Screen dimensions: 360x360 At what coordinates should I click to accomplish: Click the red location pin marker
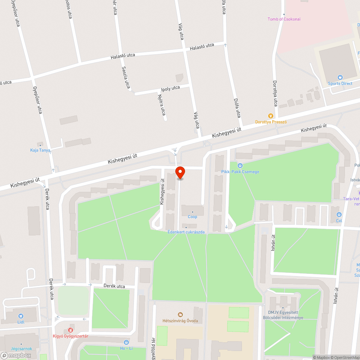coord(180,172)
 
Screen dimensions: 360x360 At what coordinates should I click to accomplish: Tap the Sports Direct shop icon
coord(340,77)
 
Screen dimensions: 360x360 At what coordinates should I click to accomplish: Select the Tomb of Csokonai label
coord(284,19)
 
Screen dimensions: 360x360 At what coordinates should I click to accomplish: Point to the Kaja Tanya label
coord(40,150)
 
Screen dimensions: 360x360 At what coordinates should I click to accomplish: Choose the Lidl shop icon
coord(21,316)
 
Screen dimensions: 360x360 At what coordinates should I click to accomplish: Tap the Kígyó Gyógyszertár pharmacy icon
coord(71,330)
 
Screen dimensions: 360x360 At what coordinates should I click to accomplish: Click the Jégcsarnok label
coord(21,348)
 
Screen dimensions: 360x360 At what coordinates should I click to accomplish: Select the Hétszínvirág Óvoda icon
coord(180,315)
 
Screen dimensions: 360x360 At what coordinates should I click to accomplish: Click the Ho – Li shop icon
coord(126,342)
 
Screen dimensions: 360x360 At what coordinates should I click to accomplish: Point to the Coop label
coord(193,217)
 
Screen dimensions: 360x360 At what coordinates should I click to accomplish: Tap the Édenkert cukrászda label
coord(186,232)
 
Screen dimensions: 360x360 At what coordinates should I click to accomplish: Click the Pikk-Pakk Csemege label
coord(240,172)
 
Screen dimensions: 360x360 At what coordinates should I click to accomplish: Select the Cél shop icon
coord(339,215)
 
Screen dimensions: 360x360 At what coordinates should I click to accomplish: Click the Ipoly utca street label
coord(170,88)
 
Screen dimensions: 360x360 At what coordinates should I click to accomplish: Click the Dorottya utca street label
coord(275,93)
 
